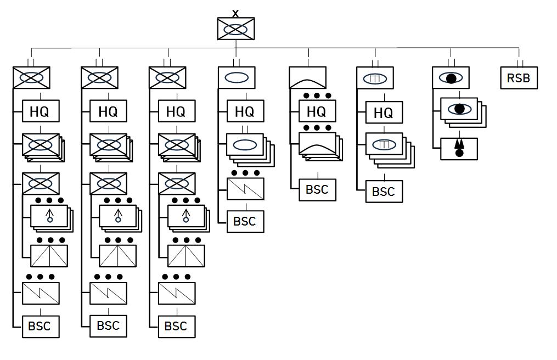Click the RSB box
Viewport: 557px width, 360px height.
pyautogui.click(x=519, y=78)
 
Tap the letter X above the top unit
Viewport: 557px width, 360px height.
pyautogui.click(x=235, y=13)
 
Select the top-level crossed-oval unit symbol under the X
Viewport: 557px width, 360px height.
pyautogui.click(x=235, y=29)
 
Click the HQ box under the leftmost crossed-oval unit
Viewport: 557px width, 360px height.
pyautogui.click(x=40, y=111)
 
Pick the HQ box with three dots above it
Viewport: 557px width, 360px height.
pyautogui.click(x=317, y=111)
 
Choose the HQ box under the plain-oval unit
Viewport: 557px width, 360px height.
pyautogui.click(x=245, y=111)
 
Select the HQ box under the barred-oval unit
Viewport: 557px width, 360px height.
pyautogui.click(x=384, y=113)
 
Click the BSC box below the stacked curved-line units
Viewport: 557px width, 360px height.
pyautogui.click(x=317, y=190)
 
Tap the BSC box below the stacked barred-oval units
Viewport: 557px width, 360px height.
pyautogui.click(x=384, y=192)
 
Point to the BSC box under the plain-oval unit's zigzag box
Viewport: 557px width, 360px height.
pyautogui.click(x=245, y=221)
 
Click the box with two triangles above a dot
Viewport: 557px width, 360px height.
pyautogui.click(x=459, y=149)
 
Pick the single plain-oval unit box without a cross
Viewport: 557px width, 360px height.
pyautogui.click(x=237, y=77)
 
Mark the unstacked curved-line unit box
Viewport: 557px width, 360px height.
pyautogui.click(x=308, y=77)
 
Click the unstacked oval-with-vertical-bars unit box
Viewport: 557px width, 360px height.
pyautogui.click(x=375, y=78)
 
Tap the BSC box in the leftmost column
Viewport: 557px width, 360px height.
pyautogui.click(x=40, y=326)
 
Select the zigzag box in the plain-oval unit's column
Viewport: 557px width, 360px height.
pyautogui.click(x=245, y=189)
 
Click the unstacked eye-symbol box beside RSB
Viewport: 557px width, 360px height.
pyautogui.click(x=451, y=78)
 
